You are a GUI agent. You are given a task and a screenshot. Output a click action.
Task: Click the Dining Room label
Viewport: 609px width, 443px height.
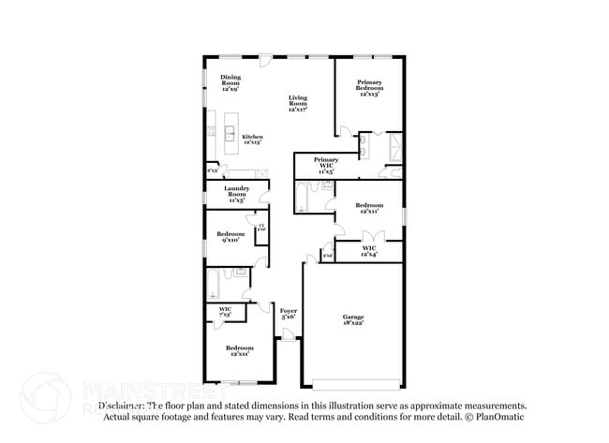pos(230,82)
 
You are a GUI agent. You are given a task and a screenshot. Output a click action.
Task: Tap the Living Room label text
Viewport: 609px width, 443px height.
pos(298,103)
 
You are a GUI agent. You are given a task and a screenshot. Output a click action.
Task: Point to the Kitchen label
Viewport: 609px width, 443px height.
pos(252,140)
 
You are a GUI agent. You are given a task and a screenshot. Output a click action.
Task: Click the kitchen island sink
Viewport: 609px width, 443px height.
pos(230,130)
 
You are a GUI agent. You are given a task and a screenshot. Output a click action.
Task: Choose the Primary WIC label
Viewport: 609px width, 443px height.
pos(326,166)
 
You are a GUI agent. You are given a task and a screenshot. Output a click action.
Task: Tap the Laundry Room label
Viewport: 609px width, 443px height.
pos(236,194)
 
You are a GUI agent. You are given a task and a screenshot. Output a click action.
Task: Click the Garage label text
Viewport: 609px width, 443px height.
pos(352,321)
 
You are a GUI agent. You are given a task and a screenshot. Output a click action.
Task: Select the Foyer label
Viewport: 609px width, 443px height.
pos(289,314)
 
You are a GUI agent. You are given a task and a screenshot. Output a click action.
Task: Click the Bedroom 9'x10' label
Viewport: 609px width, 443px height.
pos(230,236)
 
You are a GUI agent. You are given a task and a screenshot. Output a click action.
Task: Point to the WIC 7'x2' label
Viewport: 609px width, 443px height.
pos(225,312)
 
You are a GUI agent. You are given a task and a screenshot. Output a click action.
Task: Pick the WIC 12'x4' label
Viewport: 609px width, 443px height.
pos(369,251)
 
